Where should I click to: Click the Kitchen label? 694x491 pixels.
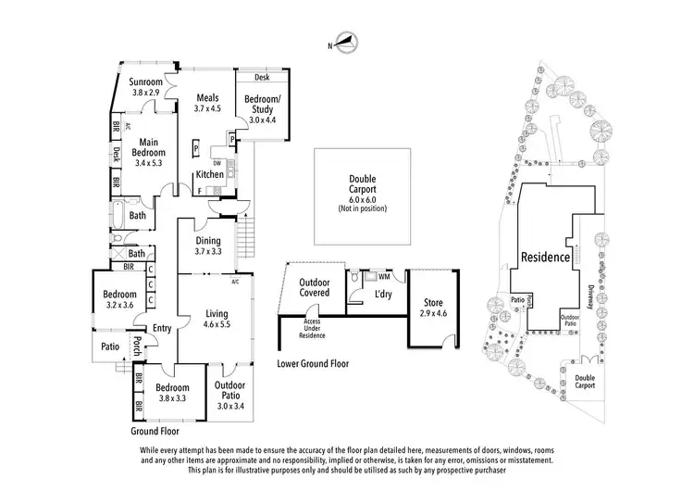tap(209, 174)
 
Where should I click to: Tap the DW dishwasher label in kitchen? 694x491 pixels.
tap(217, 162)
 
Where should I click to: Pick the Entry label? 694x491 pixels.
tap(163, 327)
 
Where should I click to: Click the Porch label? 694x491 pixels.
tap(136, 346)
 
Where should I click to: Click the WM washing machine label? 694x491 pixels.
tap(384, 276)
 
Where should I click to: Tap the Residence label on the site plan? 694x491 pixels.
tap(545, 257)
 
